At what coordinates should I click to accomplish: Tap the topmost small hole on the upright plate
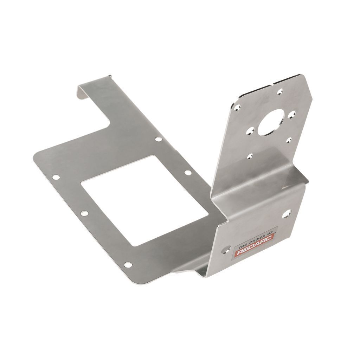(x=280, y=92)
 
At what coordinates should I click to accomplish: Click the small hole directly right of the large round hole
(x=291, y=114)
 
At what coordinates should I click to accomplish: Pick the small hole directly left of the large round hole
(x=250, y=131)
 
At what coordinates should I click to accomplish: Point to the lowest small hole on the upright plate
(x=250, y=157)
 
